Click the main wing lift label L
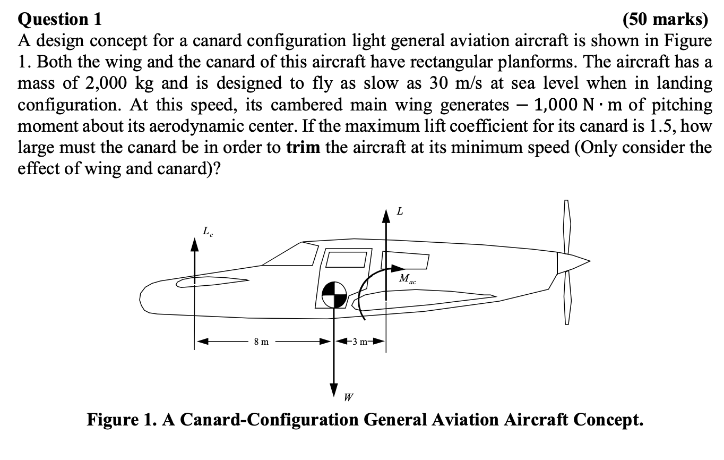click(400, 211)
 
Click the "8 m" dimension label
click(261, 342)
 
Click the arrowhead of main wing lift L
click(386, 216)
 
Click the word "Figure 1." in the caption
click(119, 420)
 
